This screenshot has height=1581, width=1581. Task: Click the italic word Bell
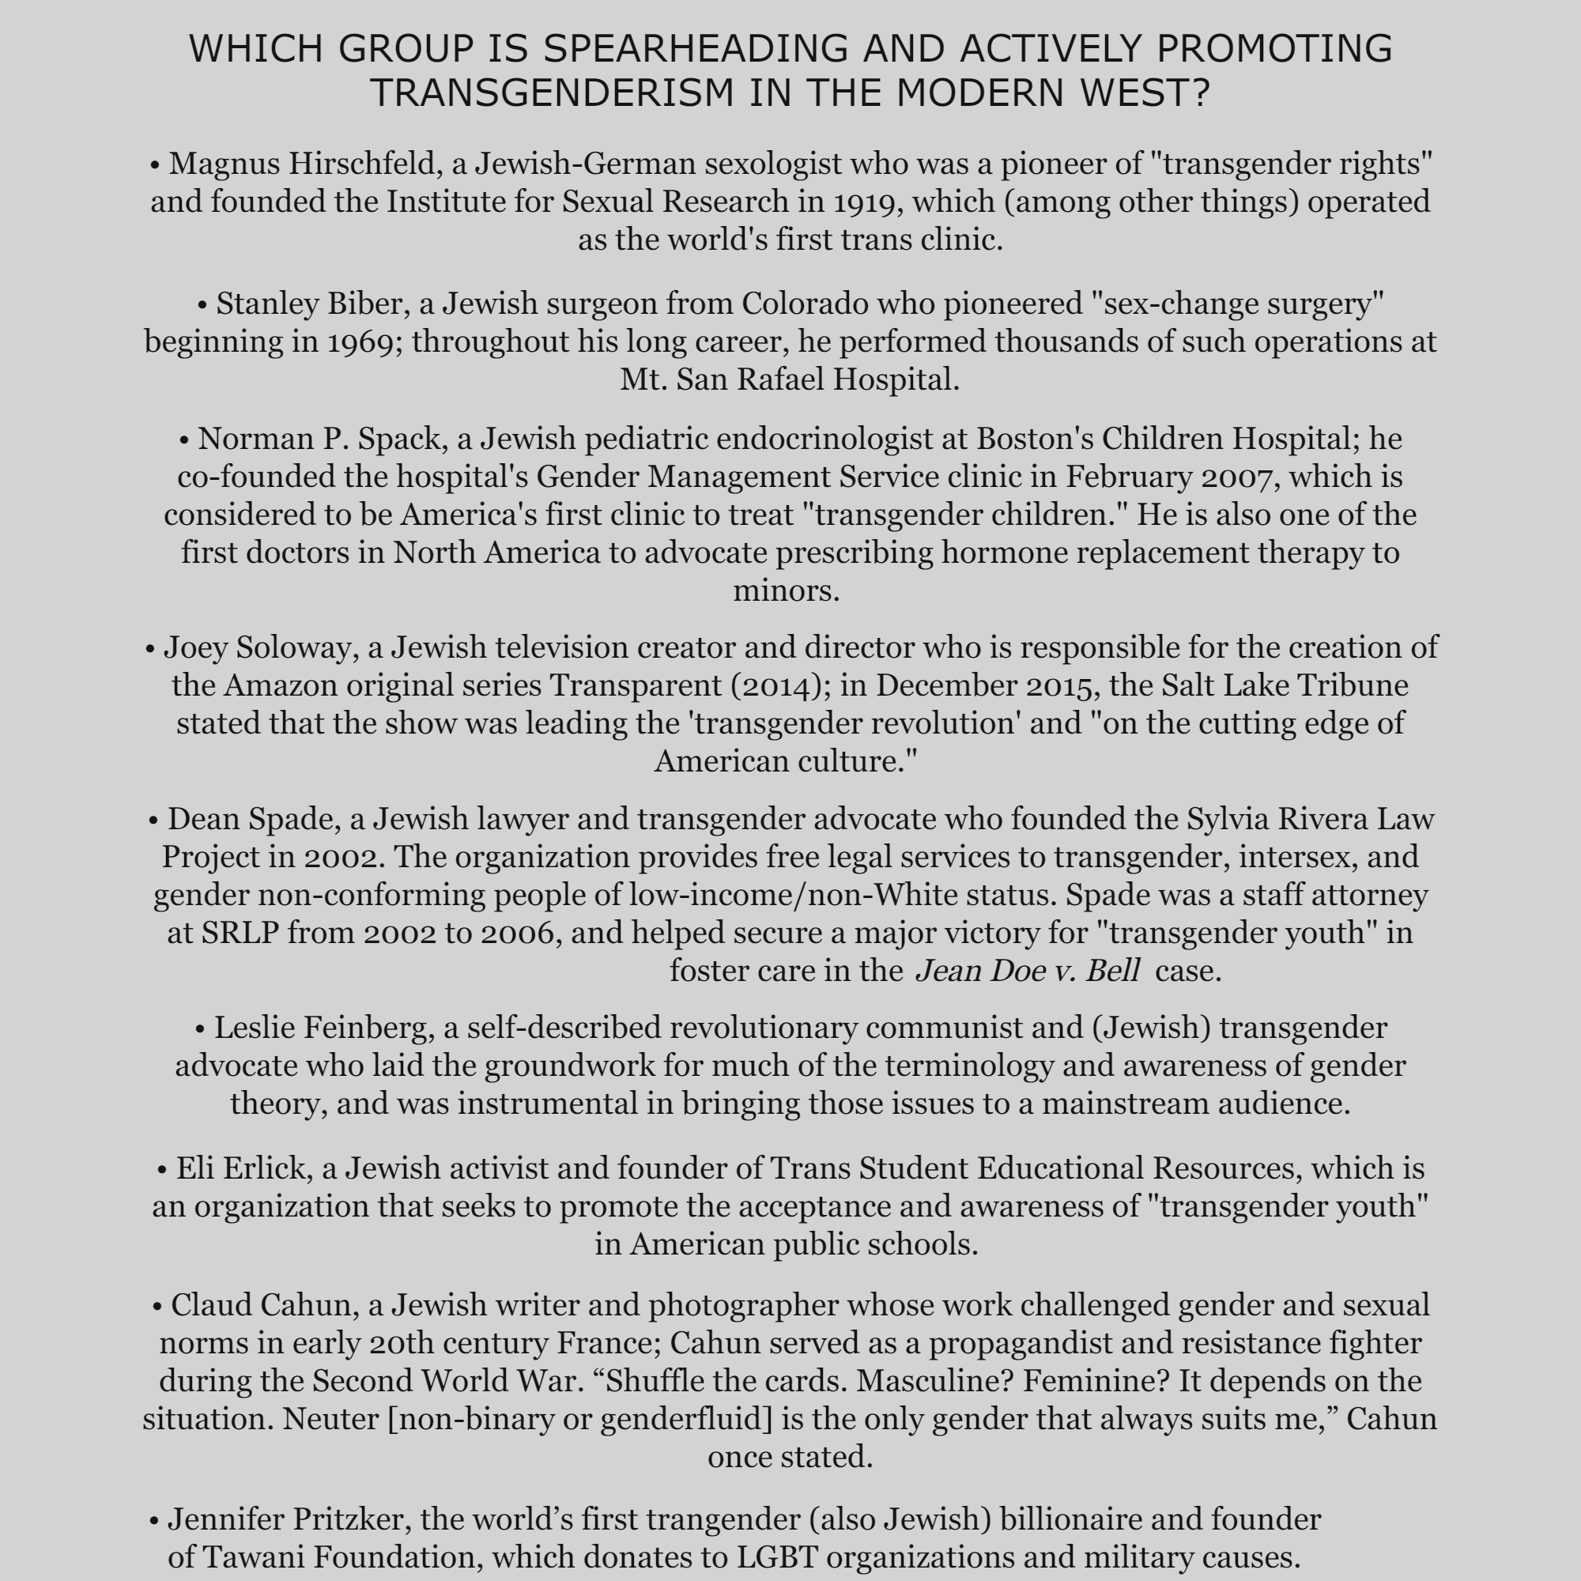(1113, 972)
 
